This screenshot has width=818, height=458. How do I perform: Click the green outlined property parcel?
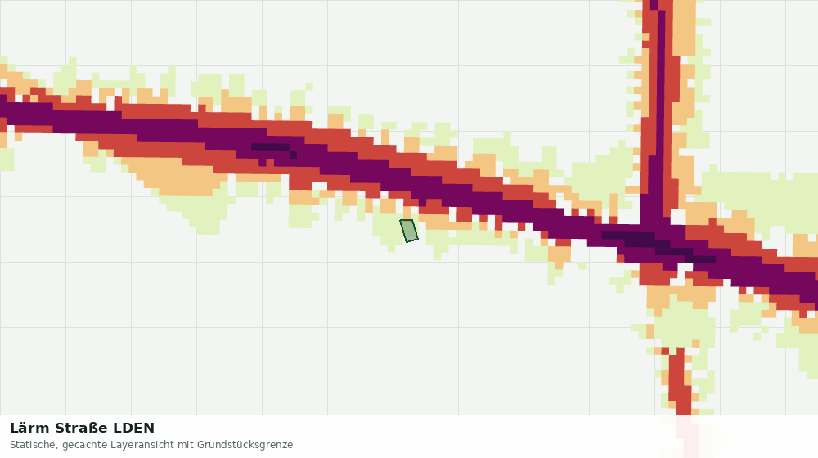click(x=409, y=231)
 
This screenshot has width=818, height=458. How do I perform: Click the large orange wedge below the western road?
click(x=178, y=177)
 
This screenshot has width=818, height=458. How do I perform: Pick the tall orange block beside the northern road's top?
click(x=684, y=28)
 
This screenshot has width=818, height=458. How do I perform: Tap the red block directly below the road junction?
click(x=658, y=274)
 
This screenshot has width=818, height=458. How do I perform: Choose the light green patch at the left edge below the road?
click(x=7, y=159)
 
